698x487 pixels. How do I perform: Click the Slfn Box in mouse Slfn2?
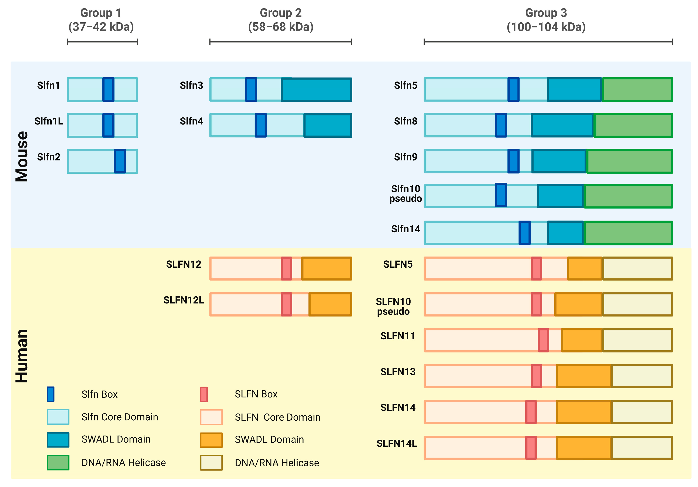(120, 161)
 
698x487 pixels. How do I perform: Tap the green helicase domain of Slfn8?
(633, 125)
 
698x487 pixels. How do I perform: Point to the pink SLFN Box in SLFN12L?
(286, 304)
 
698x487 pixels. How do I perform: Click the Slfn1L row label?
(49, 121)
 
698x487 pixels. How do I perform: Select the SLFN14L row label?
(397, 443)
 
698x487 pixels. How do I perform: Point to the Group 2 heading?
(281, 13)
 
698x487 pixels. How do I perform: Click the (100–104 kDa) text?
(546, 27)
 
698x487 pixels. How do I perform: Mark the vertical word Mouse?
(22, 157)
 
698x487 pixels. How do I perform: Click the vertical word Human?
(22, 356)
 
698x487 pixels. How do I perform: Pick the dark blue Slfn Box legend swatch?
(51, 394)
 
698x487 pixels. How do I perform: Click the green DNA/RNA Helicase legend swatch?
(58, 462)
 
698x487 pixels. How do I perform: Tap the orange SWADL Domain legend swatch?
(211, 440)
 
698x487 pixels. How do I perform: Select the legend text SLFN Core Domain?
(277, 417)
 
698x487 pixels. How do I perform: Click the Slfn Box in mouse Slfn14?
(524, 233)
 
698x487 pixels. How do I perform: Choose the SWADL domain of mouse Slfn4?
(328, 125)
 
